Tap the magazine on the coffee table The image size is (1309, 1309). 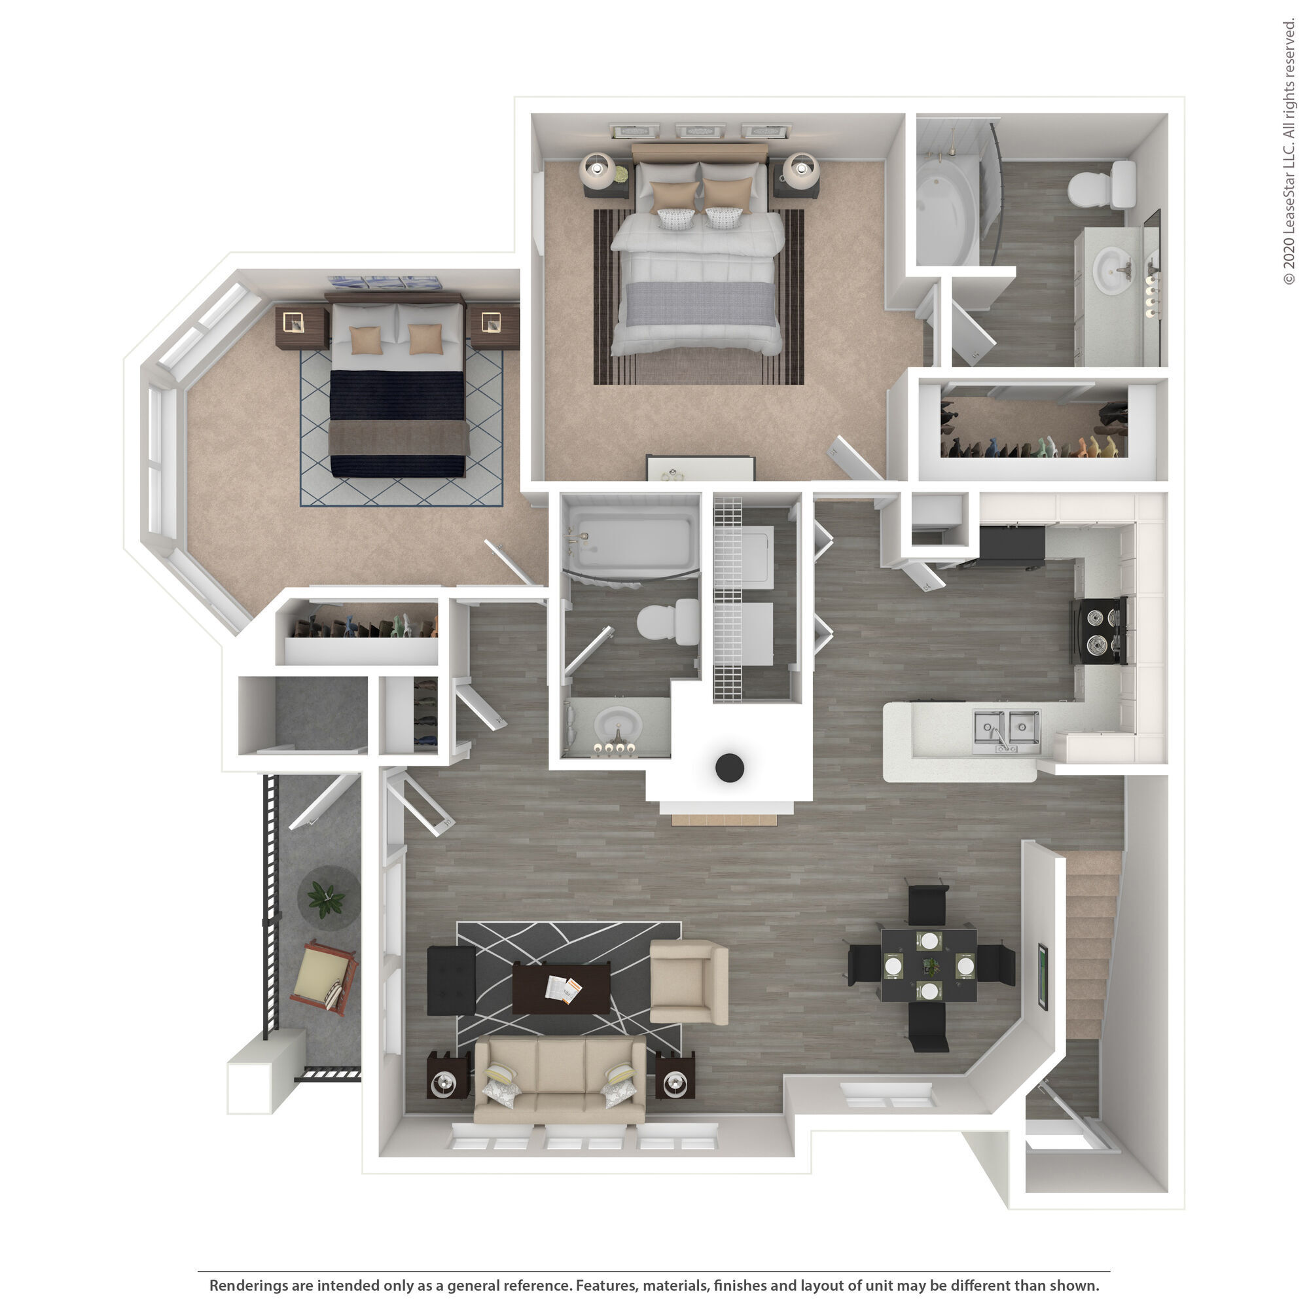click(x=564, y=990)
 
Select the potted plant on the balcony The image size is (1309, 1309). click(x=327, y=899)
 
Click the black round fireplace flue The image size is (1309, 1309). click(x=730, y=768)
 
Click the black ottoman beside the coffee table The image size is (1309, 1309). click(x=451, y=980)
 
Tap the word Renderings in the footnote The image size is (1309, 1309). click(x=248, y=1285)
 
